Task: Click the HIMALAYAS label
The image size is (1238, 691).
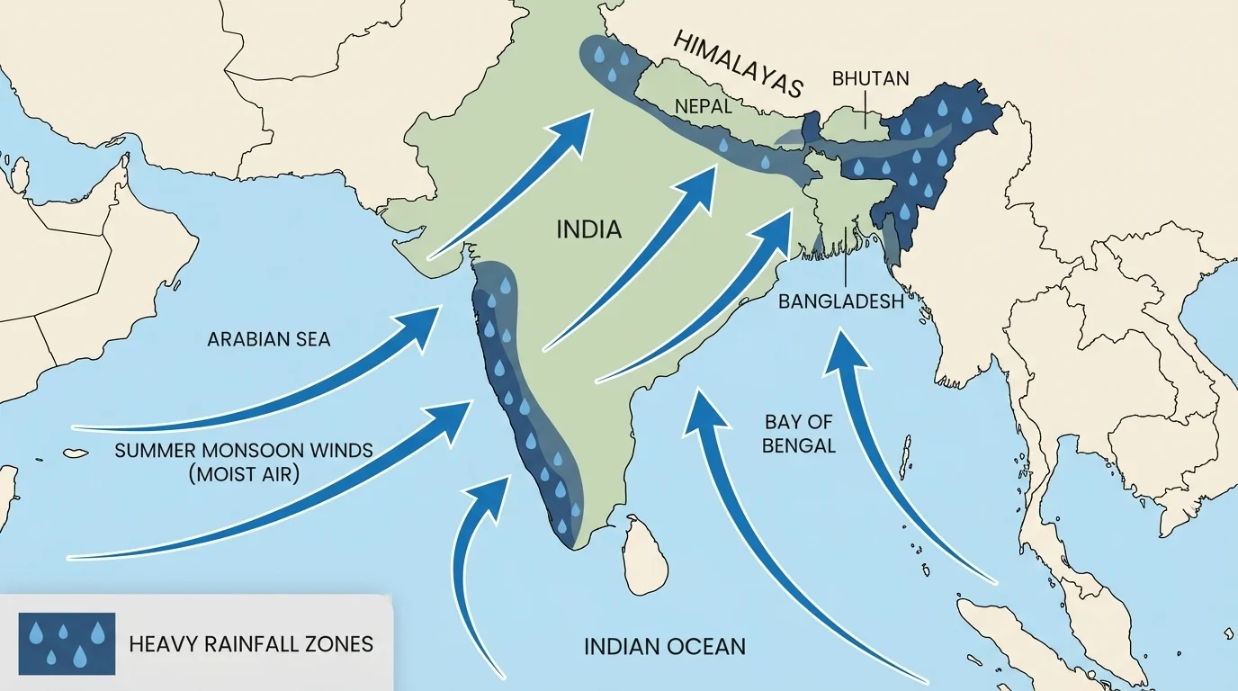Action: tap(737, 66)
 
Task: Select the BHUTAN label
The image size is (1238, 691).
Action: tap(870, 78)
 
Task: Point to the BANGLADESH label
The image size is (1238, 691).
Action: tap(840, 301)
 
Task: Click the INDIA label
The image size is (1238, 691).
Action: tap(589, 229)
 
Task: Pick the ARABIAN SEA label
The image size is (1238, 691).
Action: tap(268, 339)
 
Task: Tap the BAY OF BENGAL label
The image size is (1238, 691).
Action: tap(799, 433)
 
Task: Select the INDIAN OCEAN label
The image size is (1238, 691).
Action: tap(664, 646)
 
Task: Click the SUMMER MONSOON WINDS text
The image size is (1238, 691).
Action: tap(243, 450)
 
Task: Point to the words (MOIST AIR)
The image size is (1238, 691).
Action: tap(243, 473)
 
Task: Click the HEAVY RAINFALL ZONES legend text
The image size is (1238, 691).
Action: tap(250, 644)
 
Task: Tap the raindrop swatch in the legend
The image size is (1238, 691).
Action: tap(67, 643)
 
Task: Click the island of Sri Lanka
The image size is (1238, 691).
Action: tap(647, 554)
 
